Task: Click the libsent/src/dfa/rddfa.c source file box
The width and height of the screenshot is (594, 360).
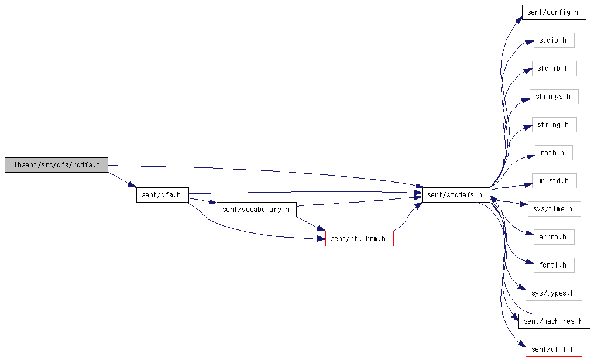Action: tap(56, 165)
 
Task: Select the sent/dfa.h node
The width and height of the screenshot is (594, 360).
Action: tap(163, 195)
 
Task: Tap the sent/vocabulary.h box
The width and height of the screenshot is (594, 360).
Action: tap(256, 210)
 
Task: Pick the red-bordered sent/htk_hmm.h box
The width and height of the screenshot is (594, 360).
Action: tap(359, 239)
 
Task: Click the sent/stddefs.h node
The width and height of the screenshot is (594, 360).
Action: tap(456, 195)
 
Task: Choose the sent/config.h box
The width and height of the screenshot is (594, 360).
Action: tap(554, 12)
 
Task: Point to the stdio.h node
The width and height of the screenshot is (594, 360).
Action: tap(554, 40)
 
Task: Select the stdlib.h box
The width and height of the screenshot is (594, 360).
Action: tap(554, 68)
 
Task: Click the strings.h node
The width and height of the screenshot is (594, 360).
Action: tap(554, 97)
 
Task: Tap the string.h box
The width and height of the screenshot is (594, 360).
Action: tap(554, 125)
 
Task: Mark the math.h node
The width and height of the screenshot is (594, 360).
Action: tap(554, 153)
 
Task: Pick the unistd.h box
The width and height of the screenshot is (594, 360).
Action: tap(554, 181)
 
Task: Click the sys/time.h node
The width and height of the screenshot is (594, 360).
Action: tap(554, 209)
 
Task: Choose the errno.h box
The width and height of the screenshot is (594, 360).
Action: tap(554, 237)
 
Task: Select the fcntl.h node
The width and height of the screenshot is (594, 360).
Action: tap(554, 265)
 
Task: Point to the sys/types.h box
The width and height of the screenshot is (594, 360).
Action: tap(554, 293)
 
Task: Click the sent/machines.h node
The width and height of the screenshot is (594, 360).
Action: tap(554, 321)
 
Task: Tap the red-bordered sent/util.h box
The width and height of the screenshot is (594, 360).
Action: tap(554, 349)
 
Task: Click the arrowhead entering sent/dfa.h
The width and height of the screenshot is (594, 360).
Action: tap(133, 186)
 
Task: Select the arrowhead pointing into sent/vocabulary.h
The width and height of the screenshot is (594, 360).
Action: tap(212, 203)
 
